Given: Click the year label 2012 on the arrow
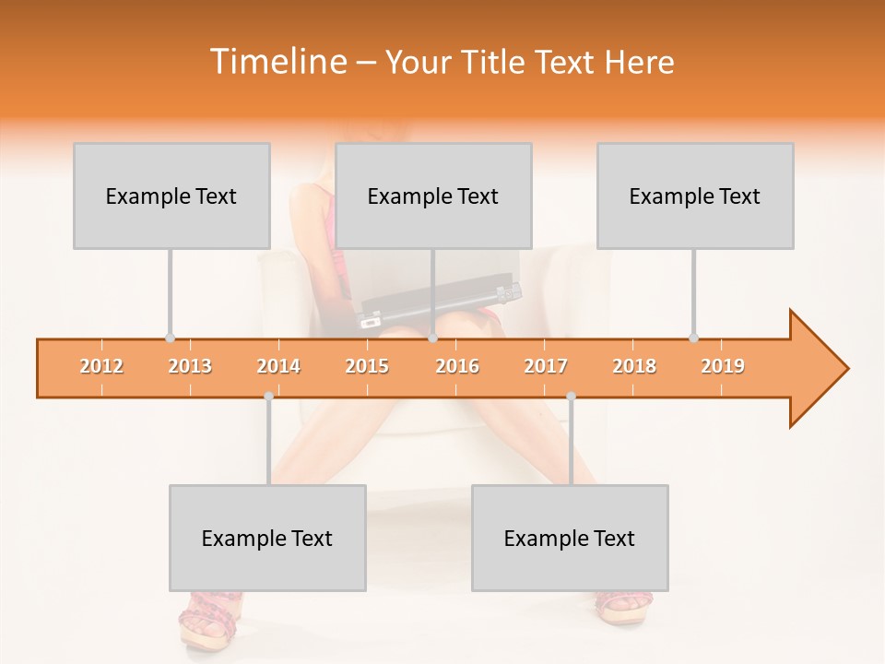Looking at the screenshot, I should pyautogui.click(x=101, y=366).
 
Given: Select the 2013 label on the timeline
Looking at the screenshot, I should pyautogui.click(x=190, y=366).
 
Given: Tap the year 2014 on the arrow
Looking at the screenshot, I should pyautogui.click(x=278, y=366).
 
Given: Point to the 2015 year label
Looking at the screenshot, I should pyautogui.click(x=367, y=366).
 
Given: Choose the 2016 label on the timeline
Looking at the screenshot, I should pyautogui.click(x=457, y=366).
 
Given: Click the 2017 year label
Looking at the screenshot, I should pyautogui.click(x=546, y=366).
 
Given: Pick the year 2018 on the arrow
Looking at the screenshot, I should pyautogui.click(x=634, y=366).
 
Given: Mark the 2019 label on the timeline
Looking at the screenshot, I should pyautogui.click(x=723, y=366).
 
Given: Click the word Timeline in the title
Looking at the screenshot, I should pyautogui.click(x=277, y=62).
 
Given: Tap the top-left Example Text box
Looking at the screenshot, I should pyautogui.click(x=171, y=196).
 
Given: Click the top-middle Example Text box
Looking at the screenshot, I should pyautogui.click(x=433, y=196).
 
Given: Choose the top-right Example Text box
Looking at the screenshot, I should pyautogui.click(x=695, y=196).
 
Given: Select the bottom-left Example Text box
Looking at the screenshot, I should pyautogui.click(x=267, y=538).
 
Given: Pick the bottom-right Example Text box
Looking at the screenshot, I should pyautogui.click(x=570, y=538).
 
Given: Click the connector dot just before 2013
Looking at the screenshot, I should pyautogui.click(x=170, y=338).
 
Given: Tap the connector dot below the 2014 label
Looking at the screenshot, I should pyautogui.click(x=268, y=397).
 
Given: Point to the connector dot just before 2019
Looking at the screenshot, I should pyautogui.click(x=694, y=338).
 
